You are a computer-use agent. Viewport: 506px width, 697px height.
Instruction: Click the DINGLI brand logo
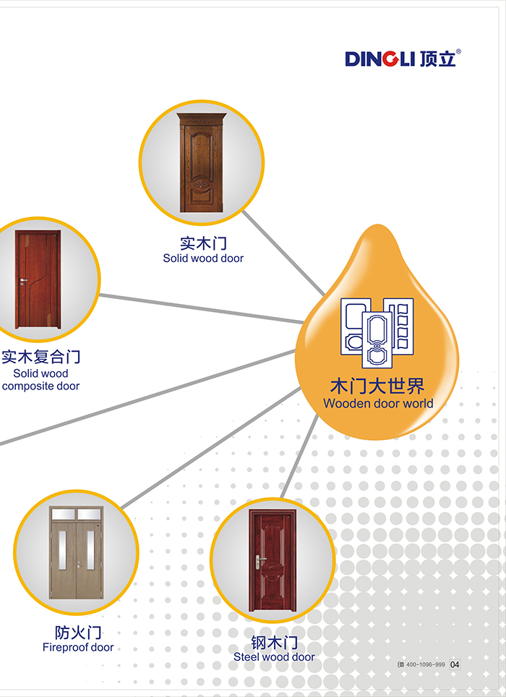click(402, 58)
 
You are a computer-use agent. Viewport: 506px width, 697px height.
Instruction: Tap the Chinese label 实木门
click(203, 242)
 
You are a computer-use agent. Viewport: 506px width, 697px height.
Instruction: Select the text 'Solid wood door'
click(203, 258)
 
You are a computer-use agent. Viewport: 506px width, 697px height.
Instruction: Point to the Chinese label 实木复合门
click(41, 357)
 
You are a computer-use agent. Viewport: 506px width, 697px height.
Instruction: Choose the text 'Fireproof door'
click(78, 648)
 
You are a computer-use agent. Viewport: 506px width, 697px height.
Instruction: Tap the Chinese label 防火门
click(78, 633)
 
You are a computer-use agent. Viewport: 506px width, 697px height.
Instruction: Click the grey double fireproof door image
click(76, 553)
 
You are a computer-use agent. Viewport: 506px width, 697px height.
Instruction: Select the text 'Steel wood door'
click(274, 657)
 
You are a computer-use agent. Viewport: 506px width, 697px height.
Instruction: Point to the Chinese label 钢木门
click(274, 642)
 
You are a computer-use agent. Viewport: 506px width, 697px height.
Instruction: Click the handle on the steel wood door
click(258, 559)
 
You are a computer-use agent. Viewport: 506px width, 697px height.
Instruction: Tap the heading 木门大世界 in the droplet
click(377, 384)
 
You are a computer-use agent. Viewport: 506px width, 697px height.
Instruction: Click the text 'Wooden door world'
click(378, 403)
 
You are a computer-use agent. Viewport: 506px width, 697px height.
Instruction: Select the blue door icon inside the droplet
click(377, 333)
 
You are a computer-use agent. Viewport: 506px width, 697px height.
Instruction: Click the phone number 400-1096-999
click(426, 664)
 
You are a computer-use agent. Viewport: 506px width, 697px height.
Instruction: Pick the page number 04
click(455, 664)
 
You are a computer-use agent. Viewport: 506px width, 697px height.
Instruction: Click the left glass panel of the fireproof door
click(63, 550)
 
